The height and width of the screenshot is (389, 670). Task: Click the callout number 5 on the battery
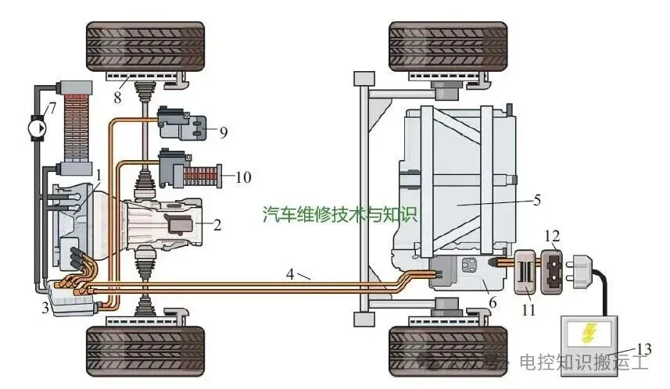[536, 199]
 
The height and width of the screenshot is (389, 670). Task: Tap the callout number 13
[643, 349]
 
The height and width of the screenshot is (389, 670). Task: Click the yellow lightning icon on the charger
[589, 334]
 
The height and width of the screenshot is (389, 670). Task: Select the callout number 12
[553, 235]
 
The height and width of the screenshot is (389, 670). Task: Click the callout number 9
[223, 132]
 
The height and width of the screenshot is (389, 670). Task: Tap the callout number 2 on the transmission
[217, 226]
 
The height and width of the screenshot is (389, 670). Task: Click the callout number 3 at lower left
[45, 309]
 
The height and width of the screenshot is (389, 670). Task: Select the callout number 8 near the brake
[116, 98]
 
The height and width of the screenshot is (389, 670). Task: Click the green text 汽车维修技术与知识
[340, 213]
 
